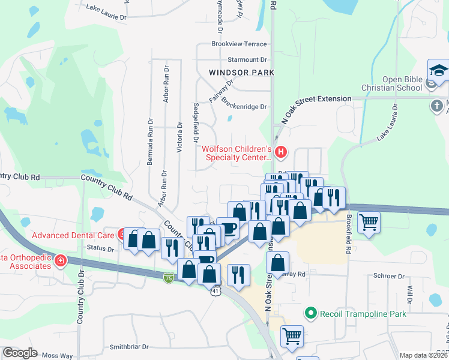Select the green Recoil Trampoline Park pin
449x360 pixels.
coord(310,313)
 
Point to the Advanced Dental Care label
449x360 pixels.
coord(74,235)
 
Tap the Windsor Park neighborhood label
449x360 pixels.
coord(241,73)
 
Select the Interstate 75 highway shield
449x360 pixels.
coord(169,278)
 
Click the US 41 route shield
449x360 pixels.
coord(214,290)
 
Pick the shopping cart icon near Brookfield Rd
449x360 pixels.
coord(369,223)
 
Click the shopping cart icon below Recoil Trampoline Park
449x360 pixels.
coord(292,337)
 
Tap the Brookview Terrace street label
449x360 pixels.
coord(239,44)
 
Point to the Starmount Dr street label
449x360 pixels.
coord(247,60)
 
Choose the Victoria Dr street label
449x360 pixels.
coord(179,138)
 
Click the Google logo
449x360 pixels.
coord(20,353)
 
